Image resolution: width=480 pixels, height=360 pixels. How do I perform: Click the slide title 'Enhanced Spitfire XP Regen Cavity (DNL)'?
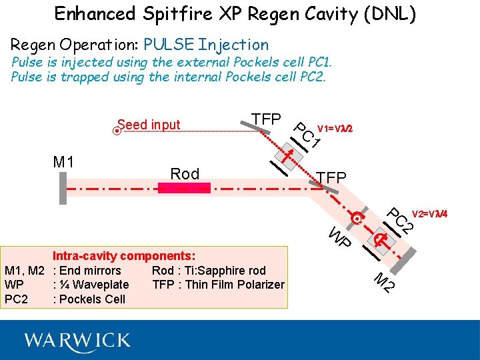click(x=235, y=14)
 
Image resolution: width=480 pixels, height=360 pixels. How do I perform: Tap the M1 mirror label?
click(x=63, y=161)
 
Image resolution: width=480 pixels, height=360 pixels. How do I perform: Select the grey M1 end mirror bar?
click(x=61, y=187)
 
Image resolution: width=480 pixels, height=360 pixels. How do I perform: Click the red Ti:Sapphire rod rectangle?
click(x=184, y=188)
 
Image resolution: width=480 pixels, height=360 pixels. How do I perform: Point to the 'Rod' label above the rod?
click(x=185, y=174)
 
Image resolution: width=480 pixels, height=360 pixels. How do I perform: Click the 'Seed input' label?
click(x=149, y=125)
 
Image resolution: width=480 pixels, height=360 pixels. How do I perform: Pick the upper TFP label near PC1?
click(x=266, y=119)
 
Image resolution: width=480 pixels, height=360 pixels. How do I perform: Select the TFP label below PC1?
click(x=331, y=177)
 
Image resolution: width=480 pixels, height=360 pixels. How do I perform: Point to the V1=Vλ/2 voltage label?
click(x=335, y=128)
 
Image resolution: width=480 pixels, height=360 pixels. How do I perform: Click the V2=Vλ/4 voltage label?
click(x=429, y=214)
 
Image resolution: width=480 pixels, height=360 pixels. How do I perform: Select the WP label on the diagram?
click(x=340, y=237)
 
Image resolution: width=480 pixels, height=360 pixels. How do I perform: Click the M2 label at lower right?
click(x=383, y=283)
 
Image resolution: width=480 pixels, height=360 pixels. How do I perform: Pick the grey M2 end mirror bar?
click(x=398, y=264)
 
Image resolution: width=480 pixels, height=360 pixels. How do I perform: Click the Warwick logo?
click(x=77, y=341)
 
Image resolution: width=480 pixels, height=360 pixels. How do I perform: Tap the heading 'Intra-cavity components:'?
click(x=124, y=255)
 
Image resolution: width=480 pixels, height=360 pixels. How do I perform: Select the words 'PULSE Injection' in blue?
click(x=206, y=45)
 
